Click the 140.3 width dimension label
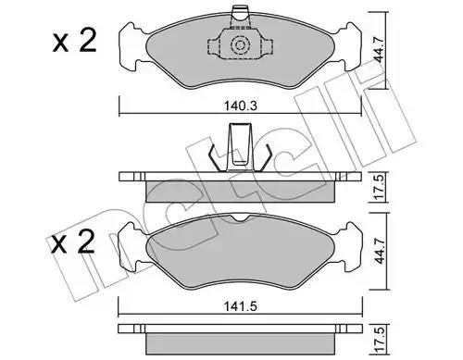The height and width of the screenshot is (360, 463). click(x=241, y=106)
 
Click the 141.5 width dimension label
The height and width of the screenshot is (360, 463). click(x=241, y=306)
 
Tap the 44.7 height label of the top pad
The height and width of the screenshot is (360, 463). click(x=379, y=50)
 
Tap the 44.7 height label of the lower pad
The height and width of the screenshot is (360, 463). click(x=380, y=251)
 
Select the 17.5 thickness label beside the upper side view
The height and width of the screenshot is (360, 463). click(x=380, y=187)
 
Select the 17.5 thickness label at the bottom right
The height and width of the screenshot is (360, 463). click(x=380, y=341)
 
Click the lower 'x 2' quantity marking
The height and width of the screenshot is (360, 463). click(x=73, y=242)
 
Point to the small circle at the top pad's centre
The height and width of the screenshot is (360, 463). click(x=240, y=45)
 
